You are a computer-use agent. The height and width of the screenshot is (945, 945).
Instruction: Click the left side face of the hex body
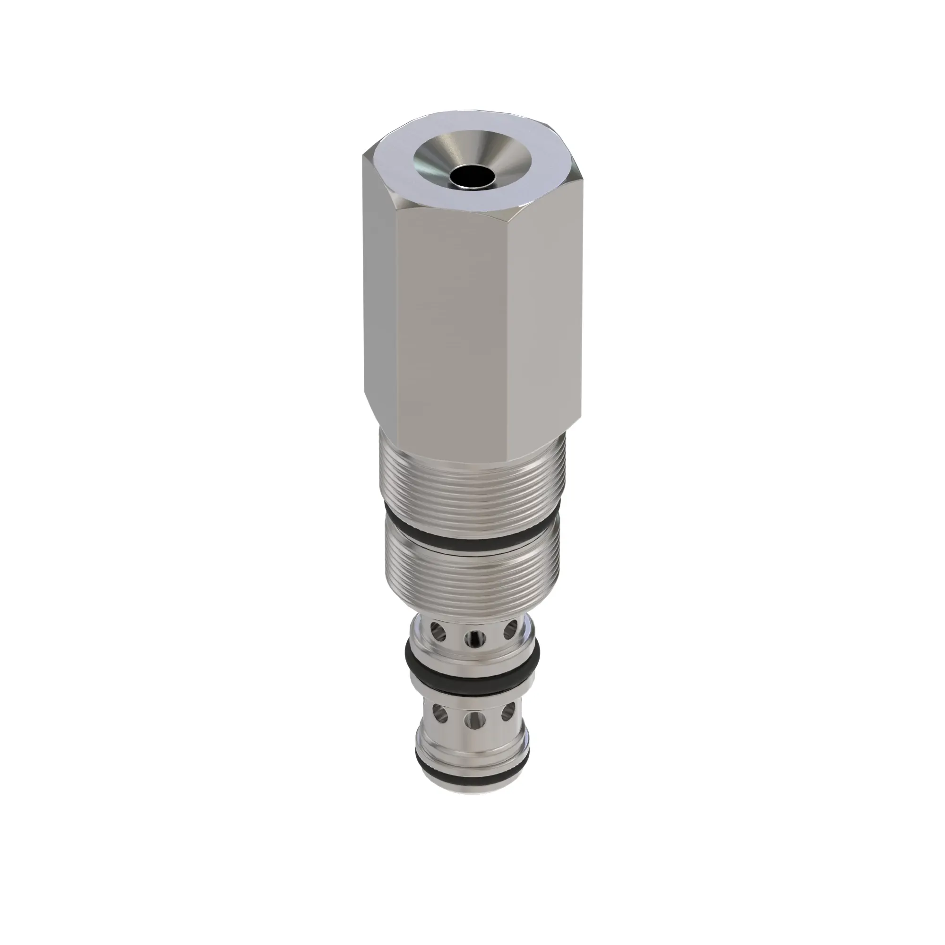[x=380, y=293]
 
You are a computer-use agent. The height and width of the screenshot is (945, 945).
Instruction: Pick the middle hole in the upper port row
[x=474, y=638]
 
